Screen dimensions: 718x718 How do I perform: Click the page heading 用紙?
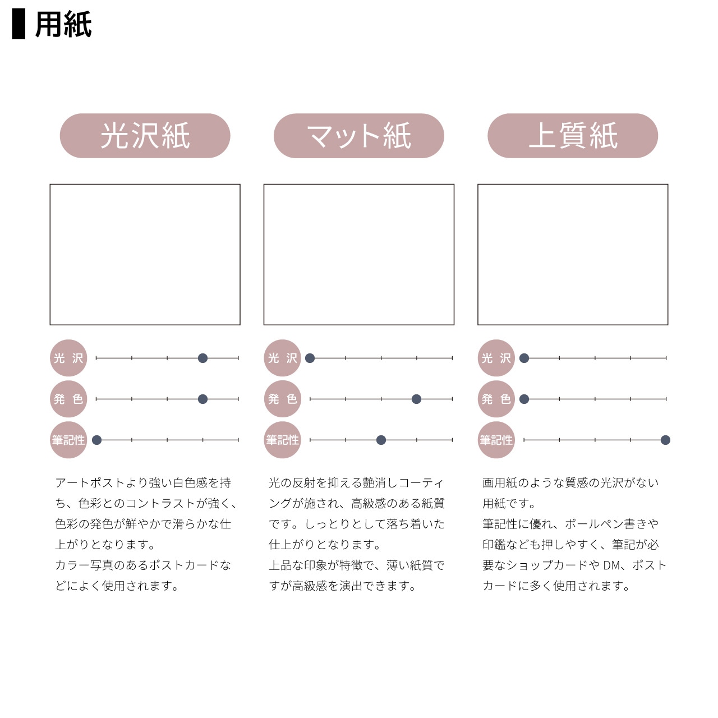pyautogui.click(x=63, y=24)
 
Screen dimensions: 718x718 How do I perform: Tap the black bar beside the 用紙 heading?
pyautogui.click(x=19, y=24)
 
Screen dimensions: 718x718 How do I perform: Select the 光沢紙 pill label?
pyautogui.click(x=145, y=136)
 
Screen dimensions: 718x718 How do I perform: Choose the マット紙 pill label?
pyautogui.click(x=359, y=136)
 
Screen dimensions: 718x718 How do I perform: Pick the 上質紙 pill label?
pyautogui.click(x=573, y=136)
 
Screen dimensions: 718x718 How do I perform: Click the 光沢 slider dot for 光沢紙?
pyautogui.click(x=202, y=358)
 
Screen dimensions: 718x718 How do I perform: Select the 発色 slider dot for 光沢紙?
pyautogui.click(x=202, y=399)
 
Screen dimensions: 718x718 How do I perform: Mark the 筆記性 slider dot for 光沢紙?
pyautogui.click(x=97, y=440)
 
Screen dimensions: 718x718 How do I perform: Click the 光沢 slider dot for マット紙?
pyautogui.click(x=310, y=358)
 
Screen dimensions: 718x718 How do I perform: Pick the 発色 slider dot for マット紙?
pyautogui.click(x=417, y=399)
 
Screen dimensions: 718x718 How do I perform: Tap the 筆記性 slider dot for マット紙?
pyautogui.click(x=381, y=440)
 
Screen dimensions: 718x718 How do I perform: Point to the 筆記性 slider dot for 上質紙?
pyautogui.click(x=665, y=440)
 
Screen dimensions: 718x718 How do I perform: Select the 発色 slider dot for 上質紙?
pyautogui.click(x=524, y=399)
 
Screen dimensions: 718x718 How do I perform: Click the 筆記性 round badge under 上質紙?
pyautogui.click(x=496, y=440)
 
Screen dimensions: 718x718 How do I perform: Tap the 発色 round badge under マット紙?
pyautogui.click(x=282, y=399)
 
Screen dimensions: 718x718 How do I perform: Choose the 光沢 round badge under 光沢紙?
pyautogui.click(x=68, y=358)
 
